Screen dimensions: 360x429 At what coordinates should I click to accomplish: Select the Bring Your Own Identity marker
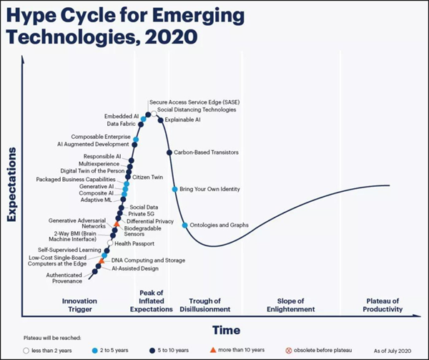(x=174, y=189)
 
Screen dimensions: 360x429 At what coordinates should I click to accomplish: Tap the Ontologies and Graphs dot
(x=185, y=225)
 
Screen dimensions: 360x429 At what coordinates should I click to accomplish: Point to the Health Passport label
(x=134, y=243)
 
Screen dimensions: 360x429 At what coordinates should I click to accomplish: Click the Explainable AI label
(x=182, y=120)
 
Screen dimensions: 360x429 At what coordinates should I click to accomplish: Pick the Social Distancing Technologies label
(x=197, y=110)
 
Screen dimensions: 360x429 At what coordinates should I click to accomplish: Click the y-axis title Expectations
(x=11, y=185)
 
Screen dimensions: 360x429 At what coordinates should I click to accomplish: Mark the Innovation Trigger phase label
(x=79, y=305)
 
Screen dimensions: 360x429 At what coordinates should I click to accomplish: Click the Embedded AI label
(x=122, y=116)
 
